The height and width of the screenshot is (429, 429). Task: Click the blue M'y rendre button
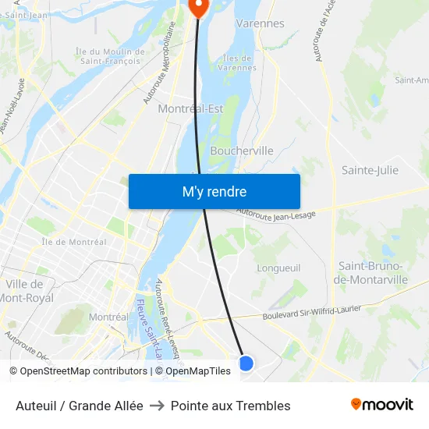[214, 191]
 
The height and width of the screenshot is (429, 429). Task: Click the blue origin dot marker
[246, 363]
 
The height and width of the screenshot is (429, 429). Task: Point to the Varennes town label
[260, 23]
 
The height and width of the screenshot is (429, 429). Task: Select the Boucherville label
[242, 151]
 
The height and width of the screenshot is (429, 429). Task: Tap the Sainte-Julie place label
[370, 170]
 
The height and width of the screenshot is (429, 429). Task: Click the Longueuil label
[278, 268]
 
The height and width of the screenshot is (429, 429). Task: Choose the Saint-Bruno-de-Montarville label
[370, 273]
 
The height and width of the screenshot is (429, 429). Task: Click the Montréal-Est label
[190, 109]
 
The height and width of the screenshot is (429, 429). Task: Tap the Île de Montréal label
[73, 242]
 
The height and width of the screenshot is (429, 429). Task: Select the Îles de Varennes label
[238, 62]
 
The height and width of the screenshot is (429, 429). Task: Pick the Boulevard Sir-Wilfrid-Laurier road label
[311, 312]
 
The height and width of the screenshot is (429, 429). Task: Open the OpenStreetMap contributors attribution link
[83, 371]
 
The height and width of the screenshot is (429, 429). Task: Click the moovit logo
[381, 405]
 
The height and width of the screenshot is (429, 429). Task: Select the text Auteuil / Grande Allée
[80, 406]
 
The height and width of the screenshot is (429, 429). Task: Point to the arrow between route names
[157, 406]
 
